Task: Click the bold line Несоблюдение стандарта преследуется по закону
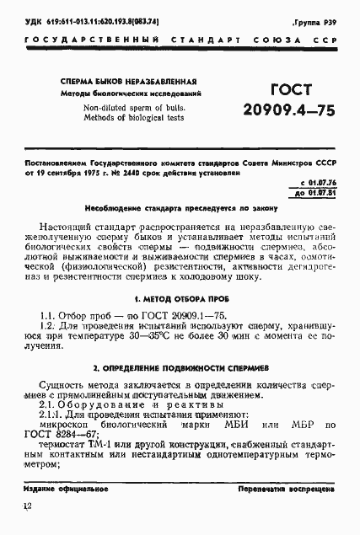click(x=179, y=207)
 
